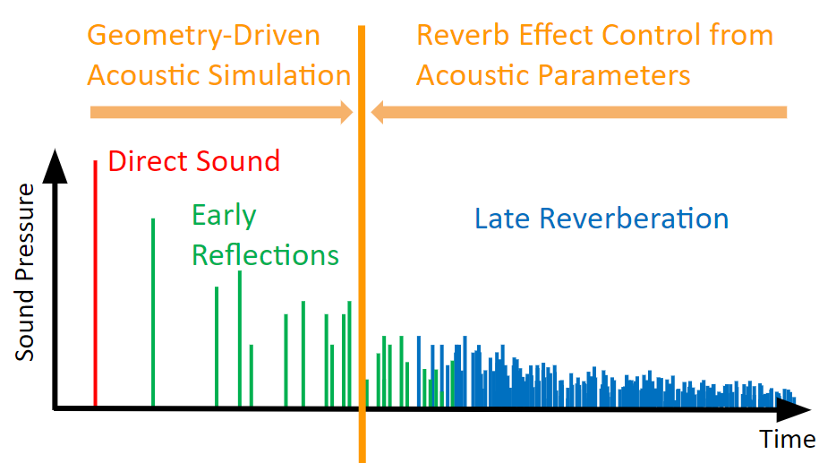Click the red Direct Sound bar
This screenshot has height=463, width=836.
[96, 283]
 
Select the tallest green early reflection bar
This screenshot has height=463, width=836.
[153, 312]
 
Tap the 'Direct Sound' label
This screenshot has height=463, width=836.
[194, 161]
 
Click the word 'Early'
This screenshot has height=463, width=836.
[224, 216]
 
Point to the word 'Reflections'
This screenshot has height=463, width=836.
[266, 255]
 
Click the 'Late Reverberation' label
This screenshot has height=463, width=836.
[601, 219]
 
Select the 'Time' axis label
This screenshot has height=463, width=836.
[787, 439]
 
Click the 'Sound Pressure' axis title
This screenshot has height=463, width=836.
[24, 272]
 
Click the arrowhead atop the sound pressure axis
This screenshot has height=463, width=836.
[55, 167]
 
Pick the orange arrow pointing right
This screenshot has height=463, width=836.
[222, 113]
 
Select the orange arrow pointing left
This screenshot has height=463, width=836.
[579, 113]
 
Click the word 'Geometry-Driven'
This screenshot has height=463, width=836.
[204, 37]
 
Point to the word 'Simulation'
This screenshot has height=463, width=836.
[279, 75]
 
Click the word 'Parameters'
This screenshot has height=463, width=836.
[614, 75]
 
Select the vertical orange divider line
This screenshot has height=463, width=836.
[362, 244]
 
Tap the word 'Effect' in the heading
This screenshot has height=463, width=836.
[555, 35]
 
